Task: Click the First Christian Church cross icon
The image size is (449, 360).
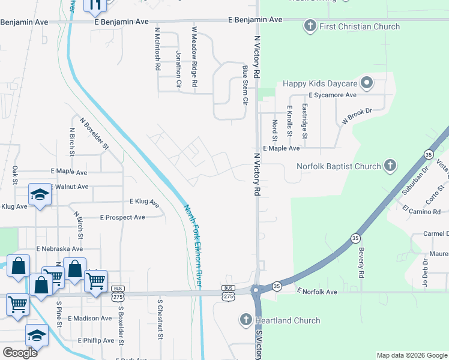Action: (x=310, y=26)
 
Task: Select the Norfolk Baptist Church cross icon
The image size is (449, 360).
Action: (x=390, y=166)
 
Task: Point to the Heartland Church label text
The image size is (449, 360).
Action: (x=288, y=320)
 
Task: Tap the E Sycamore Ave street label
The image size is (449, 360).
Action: (x=333, y=95)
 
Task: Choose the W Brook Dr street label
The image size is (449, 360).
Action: (x=357, y=116)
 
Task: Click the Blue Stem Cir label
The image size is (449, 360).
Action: (x=245, y=86)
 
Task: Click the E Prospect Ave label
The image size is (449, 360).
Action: (x=122, y=217)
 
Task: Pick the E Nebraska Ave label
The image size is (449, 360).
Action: (x=59, y=248)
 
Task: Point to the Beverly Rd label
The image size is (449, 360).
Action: (x=361, y=258)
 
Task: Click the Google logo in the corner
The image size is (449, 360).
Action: (x=20, y=353)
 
